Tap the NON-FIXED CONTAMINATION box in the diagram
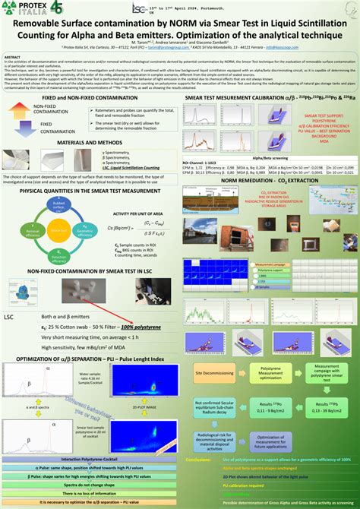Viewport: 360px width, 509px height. click(31, 109)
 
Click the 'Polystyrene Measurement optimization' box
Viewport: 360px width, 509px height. click(276, 373)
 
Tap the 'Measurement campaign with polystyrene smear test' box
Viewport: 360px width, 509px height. click(332, 373)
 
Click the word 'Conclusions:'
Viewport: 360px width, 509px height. click(204, 460)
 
